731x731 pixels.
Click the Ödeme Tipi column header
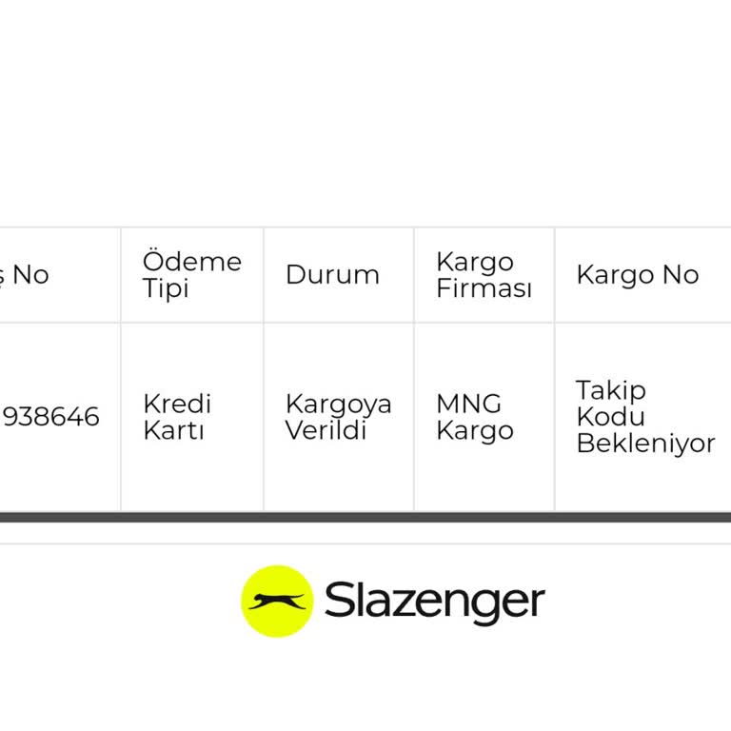click(x=191, y=275)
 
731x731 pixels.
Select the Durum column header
click(x=332, y=275)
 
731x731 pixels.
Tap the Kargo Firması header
click(x=484, y=275)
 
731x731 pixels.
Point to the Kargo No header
click(x=637, y=275)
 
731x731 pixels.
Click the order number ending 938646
click(x=51, y=417)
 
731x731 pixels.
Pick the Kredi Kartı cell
click(x=177, y=417)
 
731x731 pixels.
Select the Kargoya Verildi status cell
click(x=338, y=417)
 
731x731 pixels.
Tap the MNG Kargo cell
click(x=474, y=417)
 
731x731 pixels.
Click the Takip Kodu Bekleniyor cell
click(x=644, y=417)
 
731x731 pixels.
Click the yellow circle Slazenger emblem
click(x=277, y=602)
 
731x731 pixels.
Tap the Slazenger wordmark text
click(x=434, y=602)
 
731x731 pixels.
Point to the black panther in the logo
click(x=277, y=602)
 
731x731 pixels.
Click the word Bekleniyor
click(x=645, y=444)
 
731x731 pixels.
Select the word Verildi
click(x=326, y=430)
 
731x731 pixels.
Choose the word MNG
click(x=468, y=404)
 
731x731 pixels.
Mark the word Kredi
click(x=176, y=404)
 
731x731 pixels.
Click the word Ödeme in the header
click(x=191, y=262)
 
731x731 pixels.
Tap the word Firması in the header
click(x=484, y=288)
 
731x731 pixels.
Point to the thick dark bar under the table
click(x=365, y=518)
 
